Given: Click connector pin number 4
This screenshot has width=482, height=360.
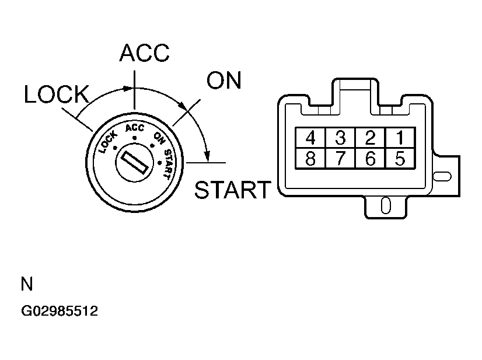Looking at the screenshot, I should click(310, 138).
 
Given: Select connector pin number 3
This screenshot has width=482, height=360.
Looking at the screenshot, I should click(340, 138).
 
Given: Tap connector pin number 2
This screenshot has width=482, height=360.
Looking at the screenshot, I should click(370, 138).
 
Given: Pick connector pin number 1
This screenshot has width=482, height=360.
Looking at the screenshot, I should click(400, 138).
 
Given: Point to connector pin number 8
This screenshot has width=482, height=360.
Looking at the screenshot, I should click(310, 158).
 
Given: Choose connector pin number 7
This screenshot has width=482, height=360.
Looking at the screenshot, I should click(340, 158).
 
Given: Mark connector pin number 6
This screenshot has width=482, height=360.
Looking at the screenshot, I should click(370, 158).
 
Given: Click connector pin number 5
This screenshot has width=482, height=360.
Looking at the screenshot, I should click(400, 158).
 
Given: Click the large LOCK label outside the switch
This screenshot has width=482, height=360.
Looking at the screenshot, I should click(56, 95).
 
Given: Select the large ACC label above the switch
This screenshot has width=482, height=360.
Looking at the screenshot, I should click(144, 53).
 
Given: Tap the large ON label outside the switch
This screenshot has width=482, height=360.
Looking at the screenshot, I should click(224, 81).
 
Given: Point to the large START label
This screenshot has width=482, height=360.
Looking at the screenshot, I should click(233, 190).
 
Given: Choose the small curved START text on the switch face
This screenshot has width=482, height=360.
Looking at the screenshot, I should click(167, 162).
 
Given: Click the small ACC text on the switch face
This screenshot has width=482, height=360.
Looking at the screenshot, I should click(134, 129).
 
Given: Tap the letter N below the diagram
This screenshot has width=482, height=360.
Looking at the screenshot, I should click(27, 285).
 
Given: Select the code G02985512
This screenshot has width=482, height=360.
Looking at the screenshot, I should click(60, 312).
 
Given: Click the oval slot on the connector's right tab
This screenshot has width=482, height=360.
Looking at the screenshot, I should click(443, 176).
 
